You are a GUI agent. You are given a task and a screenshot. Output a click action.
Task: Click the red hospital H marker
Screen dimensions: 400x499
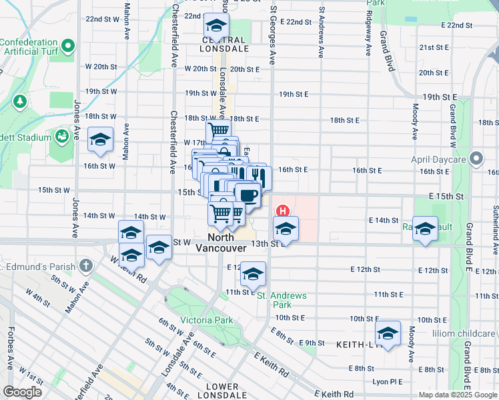coord(284,212)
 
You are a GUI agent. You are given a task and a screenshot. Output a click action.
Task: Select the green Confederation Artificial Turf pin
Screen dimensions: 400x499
coord(67,47)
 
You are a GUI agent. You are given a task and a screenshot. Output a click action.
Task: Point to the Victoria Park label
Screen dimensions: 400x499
coord(207,320)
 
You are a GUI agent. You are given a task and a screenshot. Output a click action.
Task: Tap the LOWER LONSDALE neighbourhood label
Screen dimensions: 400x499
coord(222,391)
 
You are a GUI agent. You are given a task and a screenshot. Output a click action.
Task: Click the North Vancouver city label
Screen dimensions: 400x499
coord(221,242)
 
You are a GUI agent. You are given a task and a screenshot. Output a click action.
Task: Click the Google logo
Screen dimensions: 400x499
coord(22,391)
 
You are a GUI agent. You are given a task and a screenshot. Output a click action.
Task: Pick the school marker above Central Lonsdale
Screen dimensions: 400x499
coord(215,26)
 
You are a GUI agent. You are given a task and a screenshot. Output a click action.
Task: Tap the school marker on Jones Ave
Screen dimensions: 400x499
coord(100,139)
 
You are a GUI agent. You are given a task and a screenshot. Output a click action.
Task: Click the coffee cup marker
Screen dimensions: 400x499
coord(247,195)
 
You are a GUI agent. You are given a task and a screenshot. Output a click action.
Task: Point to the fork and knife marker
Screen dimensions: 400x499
coord(257,177)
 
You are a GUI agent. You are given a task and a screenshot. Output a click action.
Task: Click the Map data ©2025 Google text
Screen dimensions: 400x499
coord(458,395)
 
